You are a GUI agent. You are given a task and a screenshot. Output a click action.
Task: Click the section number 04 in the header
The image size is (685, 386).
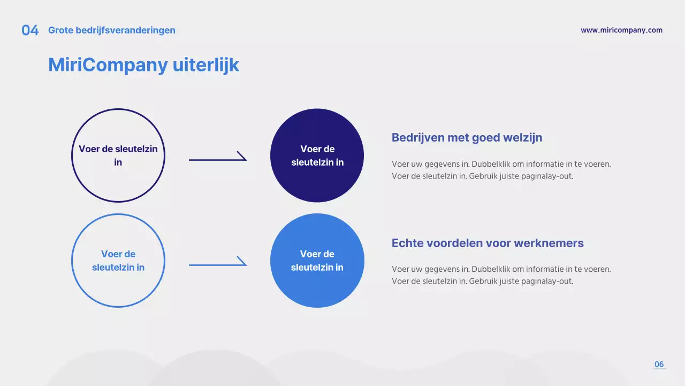[30, 31]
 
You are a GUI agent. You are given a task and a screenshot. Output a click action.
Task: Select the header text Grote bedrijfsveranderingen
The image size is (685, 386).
[112, 31]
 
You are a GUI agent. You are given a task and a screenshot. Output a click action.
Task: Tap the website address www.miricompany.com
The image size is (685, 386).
[621, 31]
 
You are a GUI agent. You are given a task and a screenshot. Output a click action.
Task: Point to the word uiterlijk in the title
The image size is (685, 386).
[205, 65]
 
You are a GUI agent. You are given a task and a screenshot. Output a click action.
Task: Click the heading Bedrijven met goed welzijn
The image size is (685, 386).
[467, 138]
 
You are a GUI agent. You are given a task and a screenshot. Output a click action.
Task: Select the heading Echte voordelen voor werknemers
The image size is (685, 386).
[488, 243]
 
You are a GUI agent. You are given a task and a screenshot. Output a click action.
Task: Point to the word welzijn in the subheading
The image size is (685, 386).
[522, 138]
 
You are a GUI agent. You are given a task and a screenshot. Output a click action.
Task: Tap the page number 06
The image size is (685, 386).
[659, 365]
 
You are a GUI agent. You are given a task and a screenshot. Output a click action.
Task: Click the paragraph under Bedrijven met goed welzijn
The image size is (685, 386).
[501, 170]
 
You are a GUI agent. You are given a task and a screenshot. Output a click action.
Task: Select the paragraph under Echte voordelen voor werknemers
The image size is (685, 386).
[501, 275]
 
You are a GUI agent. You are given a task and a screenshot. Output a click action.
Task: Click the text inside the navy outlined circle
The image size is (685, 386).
[118, 155]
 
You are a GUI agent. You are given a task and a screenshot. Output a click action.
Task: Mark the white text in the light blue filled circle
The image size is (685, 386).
[317, 261]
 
